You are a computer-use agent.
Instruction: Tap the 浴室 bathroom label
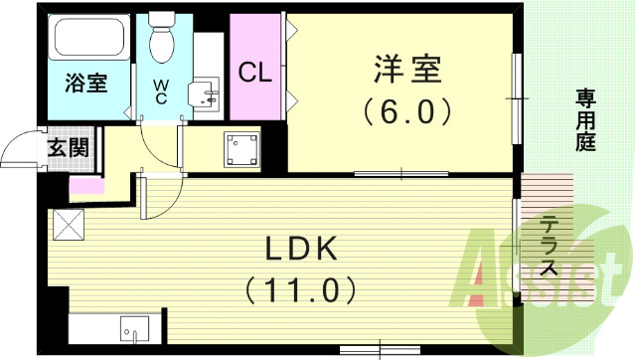pos(86,84)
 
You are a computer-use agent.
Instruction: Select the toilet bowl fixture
pos(161,40)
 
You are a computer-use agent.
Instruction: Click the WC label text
pos(160,92)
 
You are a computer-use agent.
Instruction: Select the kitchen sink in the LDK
pos(133,329)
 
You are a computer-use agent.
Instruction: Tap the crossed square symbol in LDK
pos(70,225)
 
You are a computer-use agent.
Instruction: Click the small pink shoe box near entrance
pos(85,185)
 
